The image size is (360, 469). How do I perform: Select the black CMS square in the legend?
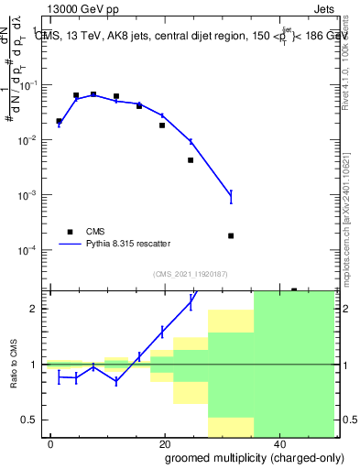[69, 232]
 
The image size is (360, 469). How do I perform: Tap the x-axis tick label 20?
[164, 443]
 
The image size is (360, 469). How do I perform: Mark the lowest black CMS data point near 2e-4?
[231, 235]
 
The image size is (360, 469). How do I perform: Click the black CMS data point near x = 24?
[191, 160]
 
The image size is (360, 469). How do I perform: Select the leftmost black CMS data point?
[59, 121]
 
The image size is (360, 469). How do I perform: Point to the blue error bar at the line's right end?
[231, 196]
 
